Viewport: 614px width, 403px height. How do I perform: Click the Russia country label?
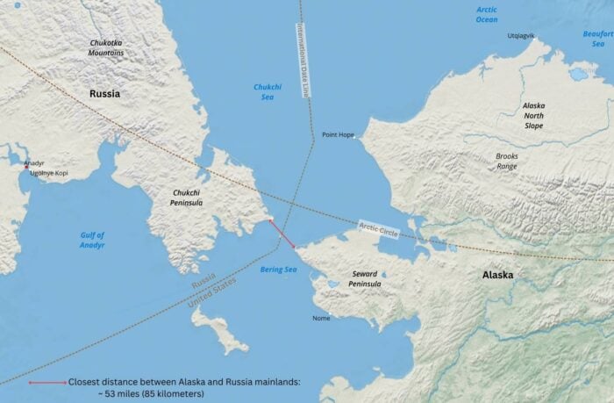click(x=104, y=93)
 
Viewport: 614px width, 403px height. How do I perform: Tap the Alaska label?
click(x=497, y=275)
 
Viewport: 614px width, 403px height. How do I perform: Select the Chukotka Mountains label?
click(x=106, y=47)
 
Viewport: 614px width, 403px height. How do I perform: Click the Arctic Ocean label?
click(x=487, y=14)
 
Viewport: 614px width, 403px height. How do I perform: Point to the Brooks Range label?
click(x=507, y=161)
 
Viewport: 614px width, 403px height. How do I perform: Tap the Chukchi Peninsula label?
click(x=188, y=198)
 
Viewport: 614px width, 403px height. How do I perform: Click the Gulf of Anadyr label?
click(x=92, y=240)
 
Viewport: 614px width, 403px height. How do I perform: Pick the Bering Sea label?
click(x=279, y=270)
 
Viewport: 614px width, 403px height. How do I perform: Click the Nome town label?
click(x=321, y=318)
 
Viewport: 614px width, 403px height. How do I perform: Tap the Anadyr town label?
click(x=33, y=163)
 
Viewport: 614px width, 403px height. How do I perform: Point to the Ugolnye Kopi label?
click(x=48, y=174)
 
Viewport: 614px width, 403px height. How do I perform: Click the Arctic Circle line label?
click(x=379, y=230)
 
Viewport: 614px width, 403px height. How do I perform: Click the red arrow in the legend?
click(x=47, y=383)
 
